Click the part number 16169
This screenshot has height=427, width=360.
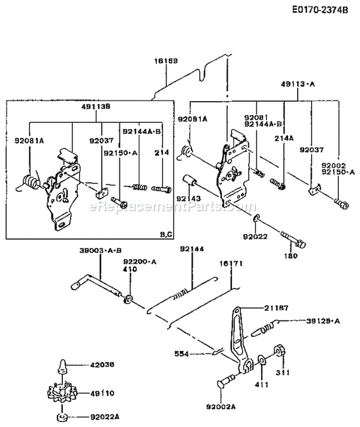[x=166, y=61]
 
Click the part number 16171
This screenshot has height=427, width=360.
[x=232, y=264]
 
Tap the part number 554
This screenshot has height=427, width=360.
[x=182, y=354]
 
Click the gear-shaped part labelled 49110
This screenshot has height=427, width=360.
[x=64, y=395]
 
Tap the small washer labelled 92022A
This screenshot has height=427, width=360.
[x=64, y=415]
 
